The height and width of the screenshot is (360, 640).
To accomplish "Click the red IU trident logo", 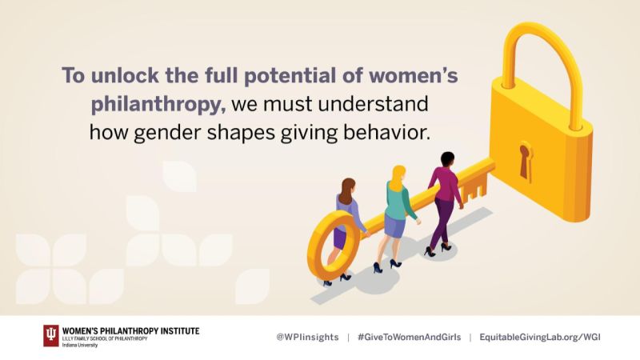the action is pyautogui.click(x=51, y=335).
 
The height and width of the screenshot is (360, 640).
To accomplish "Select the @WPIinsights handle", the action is pyautogui.click(x=307, y=337).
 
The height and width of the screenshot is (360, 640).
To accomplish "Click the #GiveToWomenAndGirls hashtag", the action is pyautogui.click(x=409, y=337).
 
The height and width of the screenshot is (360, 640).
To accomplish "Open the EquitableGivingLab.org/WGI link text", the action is pyautogui.click(x=540, y=337).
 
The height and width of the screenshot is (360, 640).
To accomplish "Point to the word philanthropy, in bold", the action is pyautogui.click(x=158, y=105).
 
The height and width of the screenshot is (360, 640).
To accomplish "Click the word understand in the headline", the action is pyautogui.click(x=373, y=104).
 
